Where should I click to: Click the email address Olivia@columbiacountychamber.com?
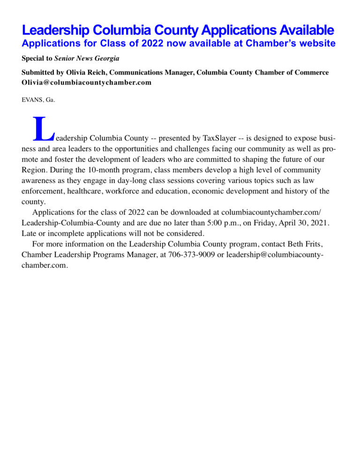point(87,82)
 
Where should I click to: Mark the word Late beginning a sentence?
point(29,233)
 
